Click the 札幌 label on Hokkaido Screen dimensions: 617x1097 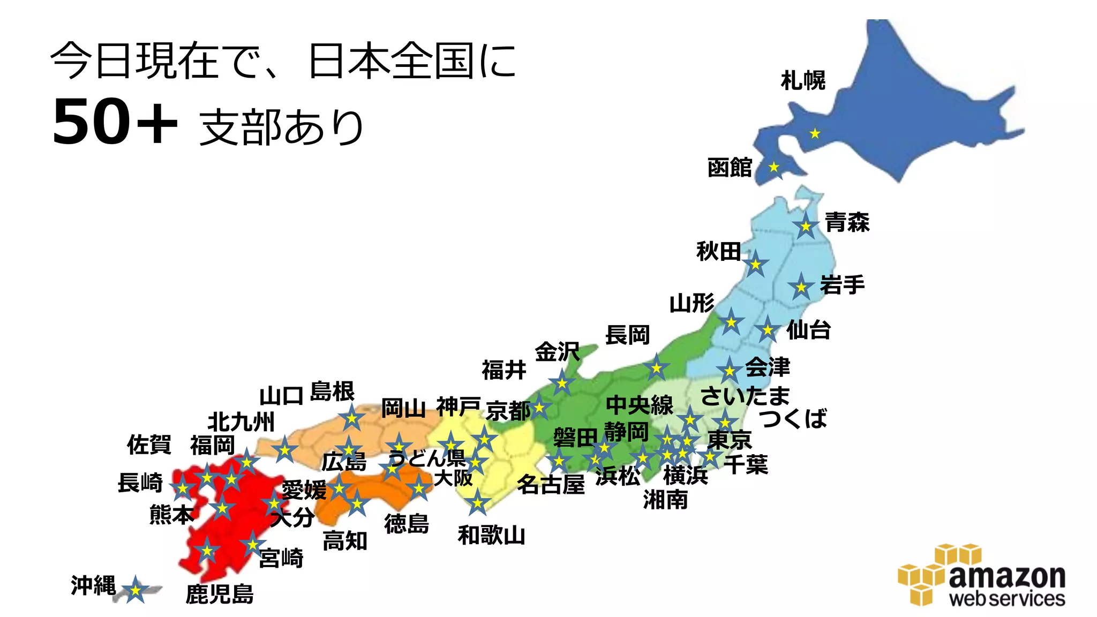(x=803, y=81)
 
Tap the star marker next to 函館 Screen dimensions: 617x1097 (x=774, y=168)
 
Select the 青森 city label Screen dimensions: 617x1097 (x=847, y=222)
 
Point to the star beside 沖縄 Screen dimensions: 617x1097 (x=135, y=590)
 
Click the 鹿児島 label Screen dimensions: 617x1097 (x=220, y=594)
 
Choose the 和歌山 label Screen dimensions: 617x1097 (x=491, y=535)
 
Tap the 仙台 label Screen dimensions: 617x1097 (x=808, y=330)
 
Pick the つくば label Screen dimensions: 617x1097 (x=793, y=418)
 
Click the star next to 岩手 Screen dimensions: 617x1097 (x=801, y=288)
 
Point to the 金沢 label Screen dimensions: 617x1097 (x=557, y=352)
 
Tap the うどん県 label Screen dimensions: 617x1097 (x=427, y=458)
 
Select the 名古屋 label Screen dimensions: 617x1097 (x=551, y=485)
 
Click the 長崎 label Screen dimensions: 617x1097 (x=140, y=483)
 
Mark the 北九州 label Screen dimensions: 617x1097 (x=241, y=422)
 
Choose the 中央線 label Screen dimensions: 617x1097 (x=640, y=405)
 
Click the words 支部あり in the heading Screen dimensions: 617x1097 (x=282, y=127)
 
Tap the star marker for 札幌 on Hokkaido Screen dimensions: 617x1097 (x=815, y=133)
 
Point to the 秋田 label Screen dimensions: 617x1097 (x=718, y=251)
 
